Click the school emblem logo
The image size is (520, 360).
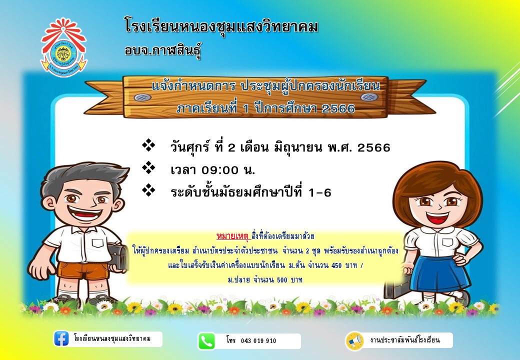(x=63, y=47)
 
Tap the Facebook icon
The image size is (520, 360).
(x=61, y=339)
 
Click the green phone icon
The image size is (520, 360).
(x=206, y=341)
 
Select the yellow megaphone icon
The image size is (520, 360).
(x=354, y=341)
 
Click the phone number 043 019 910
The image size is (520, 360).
(x=258, y=341)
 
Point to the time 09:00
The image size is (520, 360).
(x=220, y=170)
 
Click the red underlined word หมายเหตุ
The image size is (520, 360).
(x=232, y=236)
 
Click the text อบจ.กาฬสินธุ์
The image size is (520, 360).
(x=163, y=50)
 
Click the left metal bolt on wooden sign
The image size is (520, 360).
(x=142, y=97)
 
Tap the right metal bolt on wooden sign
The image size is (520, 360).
(x=369, y=97)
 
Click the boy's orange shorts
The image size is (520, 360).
(x=82, y=270)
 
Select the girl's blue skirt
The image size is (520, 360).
(x=439, y=273)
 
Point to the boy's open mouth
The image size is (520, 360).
(x=85, y=212)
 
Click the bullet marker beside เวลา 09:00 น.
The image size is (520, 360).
(x=148, y=167)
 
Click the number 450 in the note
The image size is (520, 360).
(x=336, y=265)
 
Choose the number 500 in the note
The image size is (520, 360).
(x=282, y=280)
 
